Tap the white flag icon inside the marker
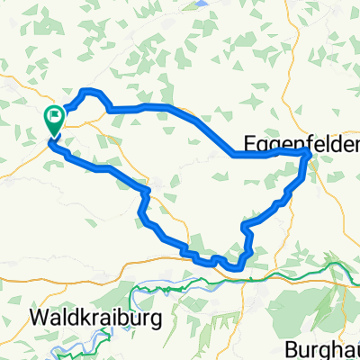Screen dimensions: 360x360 coord(54,114)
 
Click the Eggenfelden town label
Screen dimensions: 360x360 coord(302,144)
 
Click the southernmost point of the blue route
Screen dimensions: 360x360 coord(236,267)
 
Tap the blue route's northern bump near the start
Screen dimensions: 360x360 coord(87,91)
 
